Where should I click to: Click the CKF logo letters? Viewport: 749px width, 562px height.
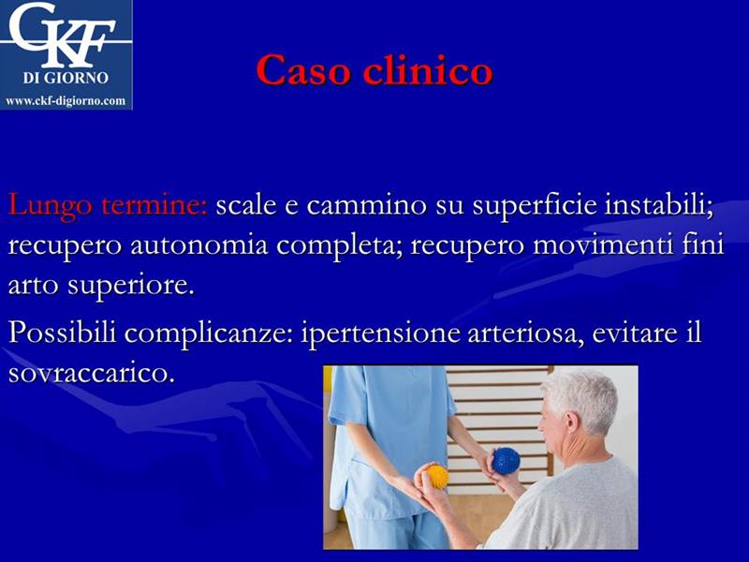(62, 35)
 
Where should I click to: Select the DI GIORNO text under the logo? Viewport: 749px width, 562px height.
(66, 78)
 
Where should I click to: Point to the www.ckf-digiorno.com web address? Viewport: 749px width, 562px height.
(66, 101)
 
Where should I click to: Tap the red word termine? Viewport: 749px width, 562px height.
(154, 204)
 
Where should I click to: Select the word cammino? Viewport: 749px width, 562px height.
(366, 205)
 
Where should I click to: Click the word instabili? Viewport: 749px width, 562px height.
(658, 205)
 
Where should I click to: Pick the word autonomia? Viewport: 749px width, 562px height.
(199, 245)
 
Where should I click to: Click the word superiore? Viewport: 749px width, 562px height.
(130, 287)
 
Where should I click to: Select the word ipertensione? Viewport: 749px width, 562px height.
(380, 333)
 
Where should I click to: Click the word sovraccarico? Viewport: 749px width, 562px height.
(91, 373)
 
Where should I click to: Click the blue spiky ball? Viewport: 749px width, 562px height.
(506, 461)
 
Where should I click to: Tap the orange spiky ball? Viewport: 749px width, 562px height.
(436, 476)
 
